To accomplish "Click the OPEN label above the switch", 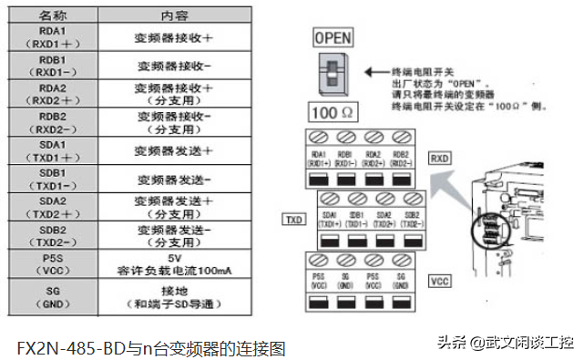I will point(332,39).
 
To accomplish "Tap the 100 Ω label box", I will point(332,116).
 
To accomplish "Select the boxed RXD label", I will point(441,157).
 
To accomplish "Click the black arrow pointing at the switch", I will point(374,71).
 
